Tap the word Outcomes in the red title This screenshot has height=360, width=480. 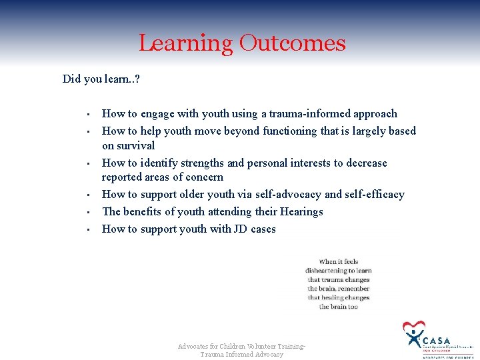coord(292,43)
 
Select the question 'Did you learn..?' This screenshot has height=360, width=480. coord(101,79)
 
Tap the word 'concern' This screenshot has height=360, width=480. coord(203,177)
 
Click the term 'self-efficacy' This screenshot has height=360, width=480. coord(374,195)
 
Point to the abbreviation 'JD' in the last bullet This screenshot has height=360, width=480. coord(240,229)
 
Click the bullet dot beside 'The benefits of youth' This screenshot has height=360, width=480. coord(87,213)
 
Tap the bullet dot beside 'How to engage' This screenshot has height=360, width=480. coord(87,115)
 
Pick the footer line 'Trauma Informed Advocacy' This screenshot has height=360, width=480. coord(241,355)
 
